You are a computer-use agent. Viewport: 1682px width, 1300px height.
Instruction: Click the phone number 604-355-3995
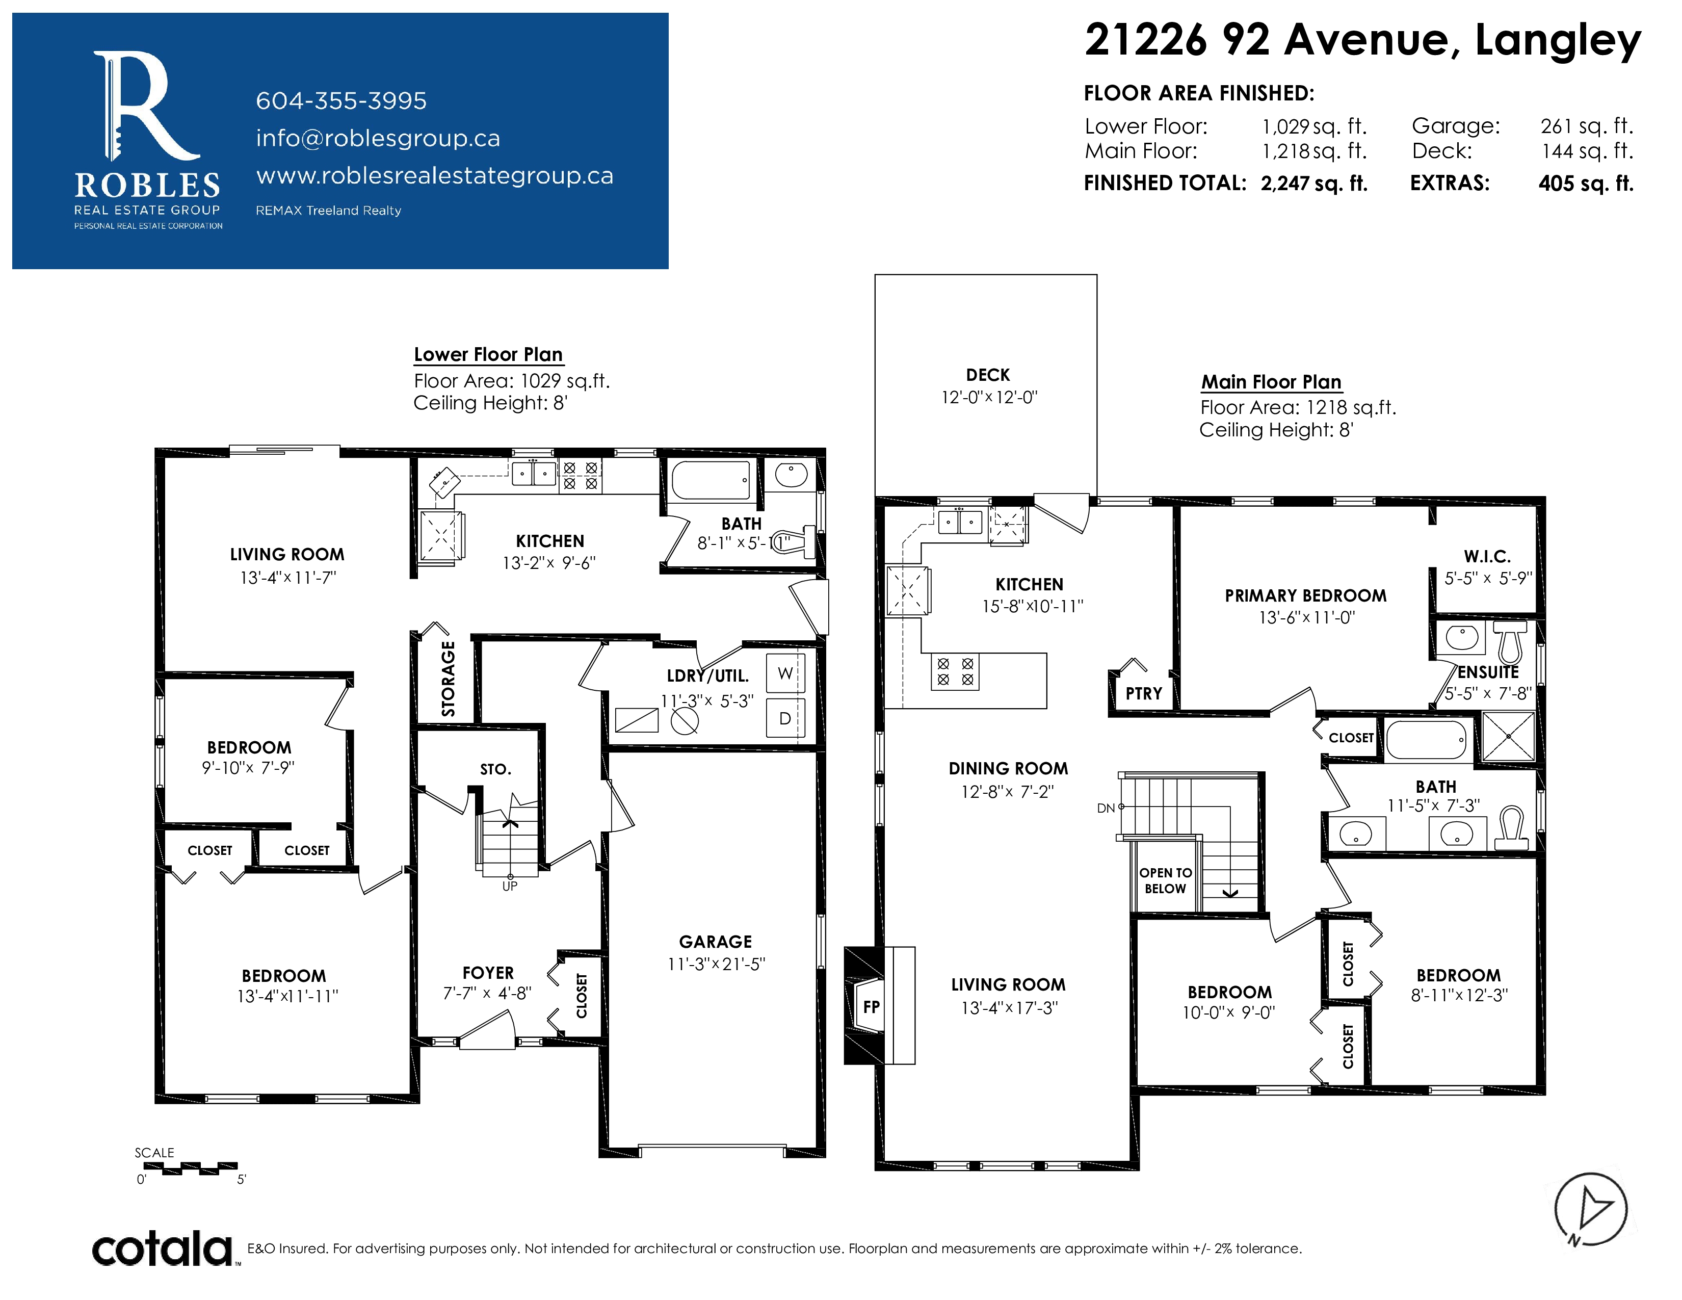[341, 101]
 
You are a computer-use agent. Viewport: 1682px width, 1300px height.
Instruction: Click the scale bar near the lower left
[190, 1167]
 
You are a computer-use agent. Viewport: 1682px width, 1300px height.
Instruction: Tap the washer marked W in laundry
[785, 673]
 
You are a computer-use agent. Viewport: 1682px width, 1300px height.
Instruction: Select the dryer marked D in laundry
[785, 718]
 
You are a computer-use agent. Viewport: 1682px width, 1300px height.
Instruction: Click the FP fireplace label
[871, 1006]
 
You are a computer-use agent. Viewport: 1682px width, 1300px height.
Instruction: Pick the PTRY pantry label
[1144, 694]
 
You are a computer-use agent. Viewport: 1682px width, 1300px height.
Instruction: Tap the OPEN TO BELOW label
[1165, 880]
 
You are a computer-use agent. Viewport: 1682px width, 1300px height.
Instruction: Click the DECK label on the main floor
[988, 375]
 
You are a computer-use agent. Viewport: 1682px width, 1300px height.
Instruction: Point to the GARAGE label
[716, 941]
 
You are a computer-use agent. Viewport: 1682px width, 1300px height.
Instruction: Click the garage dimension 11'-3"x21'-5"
[716, 964]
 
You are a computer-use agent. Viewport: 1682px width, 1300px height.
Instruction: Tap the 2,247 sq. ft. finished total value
[1314, 184]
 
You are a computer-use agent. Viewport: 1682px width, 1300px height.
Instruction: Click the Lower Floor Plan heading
[488, 354]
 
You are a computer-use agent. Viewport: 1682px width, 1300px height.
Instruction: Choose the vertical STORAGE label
[448, 679]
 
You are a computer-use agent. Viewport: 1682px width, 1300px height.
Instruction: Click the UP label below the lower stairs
[510, 887]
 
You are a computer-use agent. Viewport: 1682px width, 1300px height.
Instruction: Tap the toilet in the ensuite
[1510, 641]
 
